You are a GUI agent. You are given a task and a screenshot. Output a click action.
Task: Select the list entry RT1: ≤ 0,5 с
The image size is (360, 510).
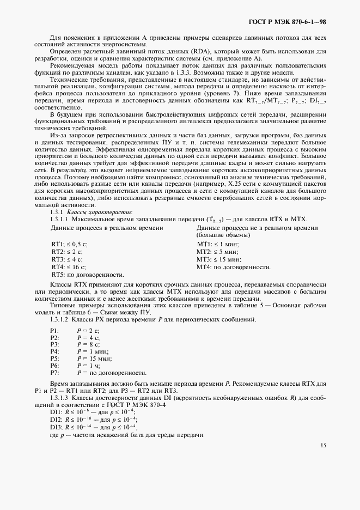tap(69, 244)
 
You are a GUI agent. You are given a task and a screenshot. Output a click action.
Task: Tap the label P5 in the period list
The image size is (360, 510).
tap(54, 359)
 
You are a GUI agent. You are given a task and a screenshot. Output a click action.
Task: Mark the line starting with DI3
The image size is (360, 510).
tap(93, 428)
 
